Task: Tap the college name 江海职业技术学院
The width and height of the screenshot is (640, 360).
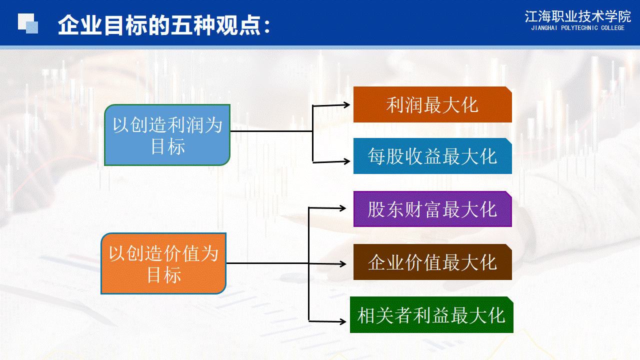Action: tap(577, 16)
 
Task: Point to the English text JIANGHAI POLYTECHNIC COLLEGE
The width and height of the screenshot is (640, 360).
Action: tap(577, 28)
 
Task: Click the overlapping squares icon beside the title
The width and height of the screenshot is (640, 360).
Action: tap(28, 23)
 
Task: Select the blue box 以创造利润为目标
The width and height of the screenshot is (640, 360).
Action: tap(167, 135)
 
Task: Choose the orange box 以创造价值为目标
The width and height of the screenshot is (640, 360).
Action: tap(163, 263)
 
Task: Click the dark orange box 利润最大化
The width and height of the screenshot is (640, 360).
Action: tap(432, 104)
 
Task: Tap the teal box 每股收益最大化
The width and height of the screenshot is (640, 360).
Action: tap(432, 156)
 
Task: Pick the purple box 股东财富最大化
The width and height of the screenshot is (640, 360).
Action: tap(432, 209)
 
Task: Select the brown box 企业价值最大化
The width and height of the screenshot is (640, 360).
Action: tap(432, 262)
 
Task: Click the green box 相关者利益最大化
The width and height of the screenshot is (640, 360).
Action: tap(431, 315)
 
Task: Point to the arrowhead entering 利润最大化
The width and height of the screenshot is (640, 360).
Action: tap(347, 104)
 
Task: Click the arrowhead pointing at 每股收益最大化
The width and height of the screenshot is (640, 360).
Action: tap(347, 161)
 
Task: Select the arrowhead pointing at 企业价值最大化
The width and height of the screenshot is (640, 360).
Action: tap(343, 263)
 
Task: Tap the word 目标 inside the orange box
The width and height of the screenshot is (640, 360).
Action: tap(164, 275)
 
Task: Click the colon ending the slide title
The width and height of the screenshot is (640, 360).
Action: tap(267, 26)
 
